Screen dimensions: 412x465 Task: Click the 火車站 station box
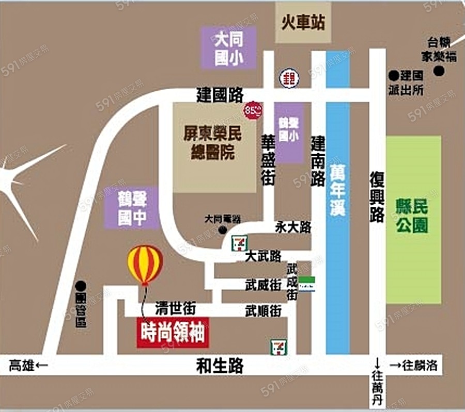click(x=303, y=23)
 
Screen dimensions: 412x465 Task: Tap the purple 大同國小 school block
click(x=228, y=47)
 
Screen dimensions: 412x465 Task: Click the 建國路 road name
click(x=220, y=95)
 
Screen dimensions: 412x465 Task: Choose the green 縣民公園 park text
click(x=412, y=216)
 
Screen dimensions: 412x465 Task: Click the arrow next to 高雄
click(x=42, y=366)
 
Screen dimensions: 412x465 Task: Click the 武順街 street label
click(x=263, y=311)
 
